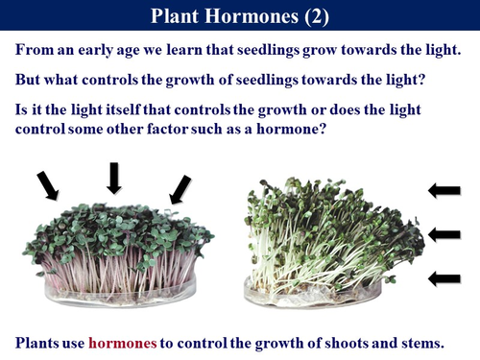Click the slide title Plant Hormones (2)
[x=240, y=16]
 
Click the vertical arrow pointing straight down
[x=114, y=178]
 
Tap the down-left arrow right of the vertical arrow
[x=180, y=188]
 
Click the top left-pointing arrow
[x=444, y=190]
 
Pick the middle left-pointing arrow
[x=444, y=233]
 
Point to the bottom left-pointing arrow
[x=444, y=278]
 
